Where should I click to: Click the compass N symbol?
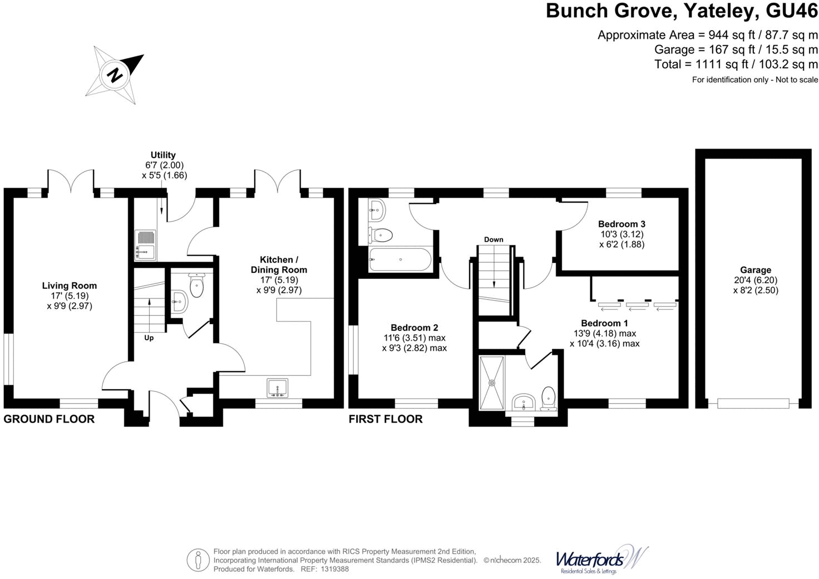pyautogui.click(x=115, y=75)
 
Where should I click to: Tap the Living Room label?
pyautogui.click(x=70, y=286)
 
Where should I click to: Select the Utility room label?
pyautogui.click(x=163, y=155)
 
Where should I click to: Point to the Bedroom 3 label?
pyautogui.click(x=621, y=224)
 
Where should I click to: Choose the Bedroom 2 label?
pyautogui.click(x=415, y=328)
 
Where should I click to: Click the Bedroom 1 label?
pyautogui.click(x=604, y=323)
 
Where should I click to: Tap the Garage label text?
pyautogui.click(x=755, y=270)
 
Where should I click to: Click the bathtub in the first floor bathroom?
pyautogui.click(x=400, y=260)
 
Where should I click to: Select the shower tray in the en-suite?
pyautogui.click(x=492, y=382)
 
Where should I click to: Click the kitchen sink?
pyautogui.click(x=278, y=388)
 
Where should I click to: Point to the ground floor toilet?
pyautogui.click(x=197, y=286)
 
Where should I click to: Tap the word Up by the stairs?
pyautogui.click(x=149, y=338)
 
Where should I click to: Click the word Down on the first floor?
pyautogui.click(x=494, y=239)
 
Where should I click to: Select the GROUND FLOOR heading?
pyautogui.click(x=49, y=419)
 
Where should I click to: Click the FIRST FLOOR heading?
pyautogui.click(x=386, y=419)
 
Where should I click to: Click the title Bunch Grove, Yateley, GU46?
pyautogui.click(x=682, y=11)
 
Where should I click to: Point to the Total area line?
pyautogui.click(x=736, y=64)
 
